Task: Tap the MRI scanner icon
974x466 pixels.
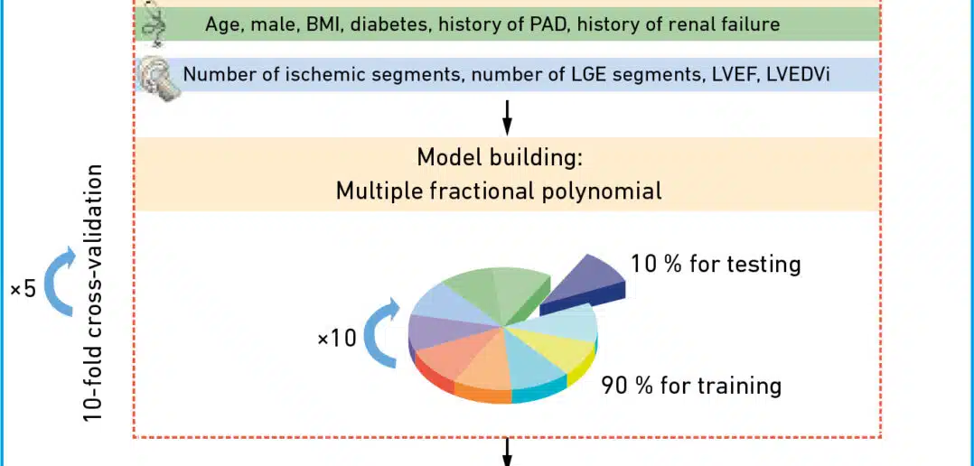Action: tap(160, 79)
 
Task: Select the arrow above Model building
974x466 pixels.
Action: tap(507, 117)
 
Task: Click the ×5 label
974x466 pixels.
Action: tap(23, 289)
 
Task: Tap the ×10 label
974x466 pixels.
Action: tap(337, 338)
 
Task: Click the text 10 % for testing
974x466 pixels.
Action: tap(716, 265)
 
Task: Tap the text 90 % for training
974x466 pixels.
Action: tap(690, 386)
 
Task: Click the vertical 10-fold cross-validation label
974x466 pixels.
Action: tap(95, 294)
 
